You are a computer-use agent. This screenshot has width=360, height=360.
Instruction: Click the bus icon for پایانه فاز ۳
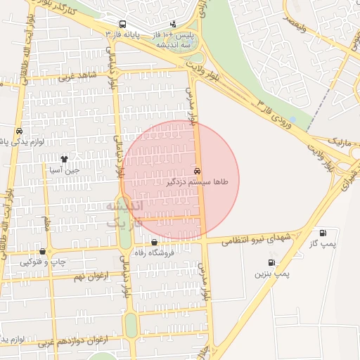pos(124,23)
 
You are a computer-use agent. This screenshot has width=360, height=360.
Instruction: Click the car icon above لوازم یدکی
pos(18,131)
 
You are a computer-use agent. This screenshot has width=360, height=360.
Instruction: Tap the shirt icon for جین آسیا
pos(65,159)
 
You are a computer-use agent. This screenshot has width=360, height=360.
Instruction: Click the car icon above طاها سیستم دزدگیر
pos(196,171)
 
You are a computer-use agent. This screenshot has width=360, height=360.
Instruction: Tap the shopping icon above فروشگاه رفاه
pos(154,243)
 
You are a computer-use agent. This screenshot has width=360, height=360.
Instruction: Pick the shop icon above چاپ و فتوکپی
pos(43,251)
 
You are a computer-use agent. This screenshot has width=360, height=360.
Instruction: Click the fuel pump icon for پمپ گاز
pos(323,233)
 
